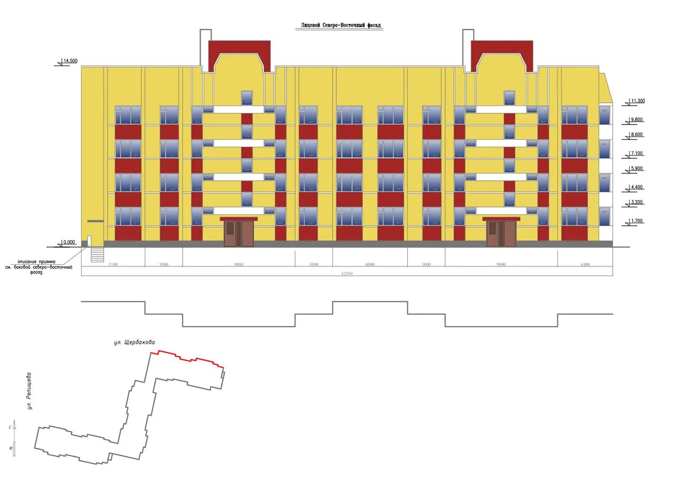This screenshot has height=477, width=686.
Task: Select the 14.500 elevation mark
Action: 70,61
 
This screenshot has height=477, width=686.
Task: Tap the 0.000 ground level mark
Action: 69,243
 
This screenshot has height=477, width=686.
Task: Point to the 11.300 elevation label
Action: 637,101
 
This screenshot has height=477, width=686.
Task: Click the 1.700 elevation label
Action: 637,221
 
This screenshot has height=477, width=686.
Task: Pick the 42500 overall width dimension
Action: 347,273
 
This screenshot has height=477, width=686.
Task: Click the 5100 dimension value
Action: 113,264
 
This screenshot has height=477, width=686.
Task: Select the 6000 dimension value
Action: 369,264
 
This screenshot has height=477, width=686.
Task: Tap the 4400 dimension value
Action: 585,264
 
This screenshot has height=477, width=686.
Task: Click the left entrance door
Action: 239,234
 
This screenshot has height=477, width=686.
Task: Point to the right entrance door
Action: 501,234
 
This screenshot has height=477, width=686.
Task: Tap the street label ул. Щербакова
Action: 135,342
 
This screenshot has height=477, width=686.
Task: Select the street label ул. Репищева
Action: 30,391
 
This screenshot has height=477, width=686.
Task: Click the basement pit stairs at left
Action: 98,254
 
